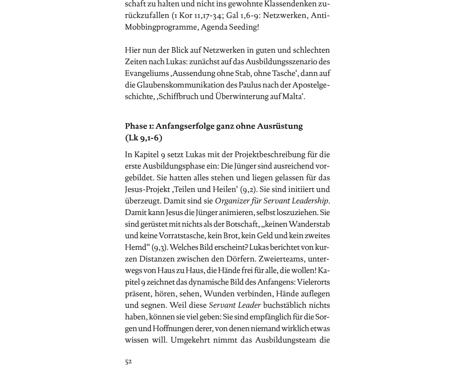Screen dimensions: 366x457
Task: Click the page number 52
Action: click(x=128, y=361)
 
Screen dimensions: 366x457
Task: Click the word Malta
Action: click(x=292, y=97)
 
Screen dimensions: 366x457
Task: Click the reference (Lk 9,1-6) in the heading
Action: click(x=143, y=138)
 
